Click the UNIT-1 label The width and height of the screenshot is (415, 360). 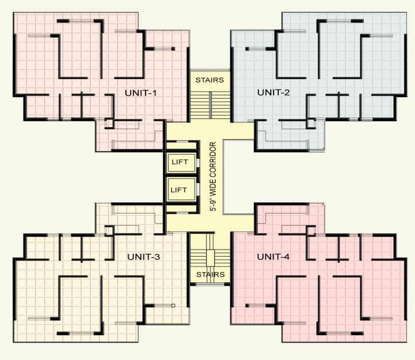(x=140, y=93)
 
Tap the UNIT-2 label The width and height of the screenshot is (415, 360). (x=273, y=92)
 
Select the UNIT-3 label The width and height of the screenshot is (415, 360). (x=143, y=257)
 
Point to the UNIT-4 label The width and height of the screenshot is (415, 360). (x=273, y=257)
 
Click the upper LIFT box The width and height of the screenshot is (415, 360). (x=180, y=163)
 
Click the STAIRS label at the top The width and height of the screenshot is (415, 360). (x=210, y=80)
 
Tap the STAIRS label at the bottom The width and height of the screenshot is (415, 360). (x=210, y=275)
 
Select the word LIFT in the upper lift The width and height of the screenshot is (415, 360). (x=180, y=163)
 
